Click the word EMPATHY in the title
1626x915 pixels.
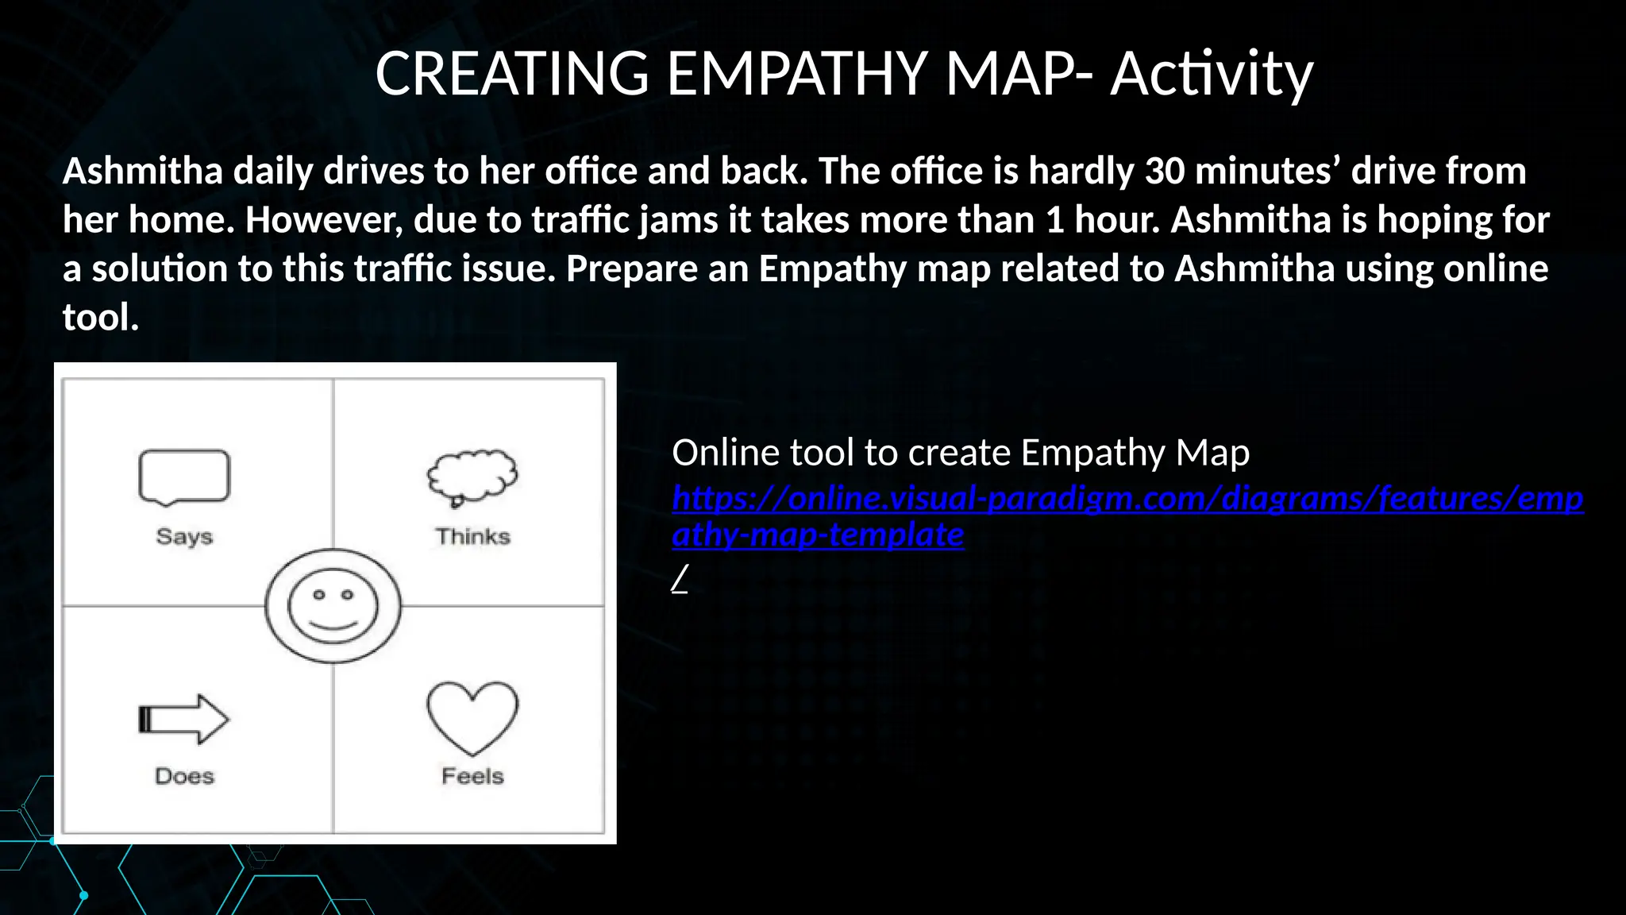(796, 73)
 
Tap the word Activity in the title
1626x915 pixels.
(1212, 73)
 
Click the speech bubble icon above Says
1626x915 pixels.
(184, 477)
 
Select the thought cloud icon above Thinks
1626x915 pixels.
(472, 477)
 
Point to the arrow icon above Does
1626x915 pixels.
(184, 720)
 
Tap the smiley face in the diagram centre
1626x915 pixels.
(333, 606)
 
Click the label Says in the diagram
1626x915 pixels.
(184, 536)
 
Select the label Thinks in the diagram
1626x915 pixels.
(472, 536)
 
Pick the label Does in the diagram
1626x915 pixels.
(184, 776)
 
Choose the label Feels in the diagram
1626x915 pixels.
(472, 776)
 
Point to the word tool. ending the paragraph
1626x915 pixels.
(101, 318)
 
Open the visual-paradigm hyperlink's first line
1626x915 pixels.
(1127, 498)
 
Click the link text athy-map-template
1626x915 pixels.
(818, 535)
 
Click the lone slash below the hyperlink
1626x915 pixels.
(680, 580)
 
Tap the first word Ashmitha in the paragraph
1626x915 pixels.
(143, 171)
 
